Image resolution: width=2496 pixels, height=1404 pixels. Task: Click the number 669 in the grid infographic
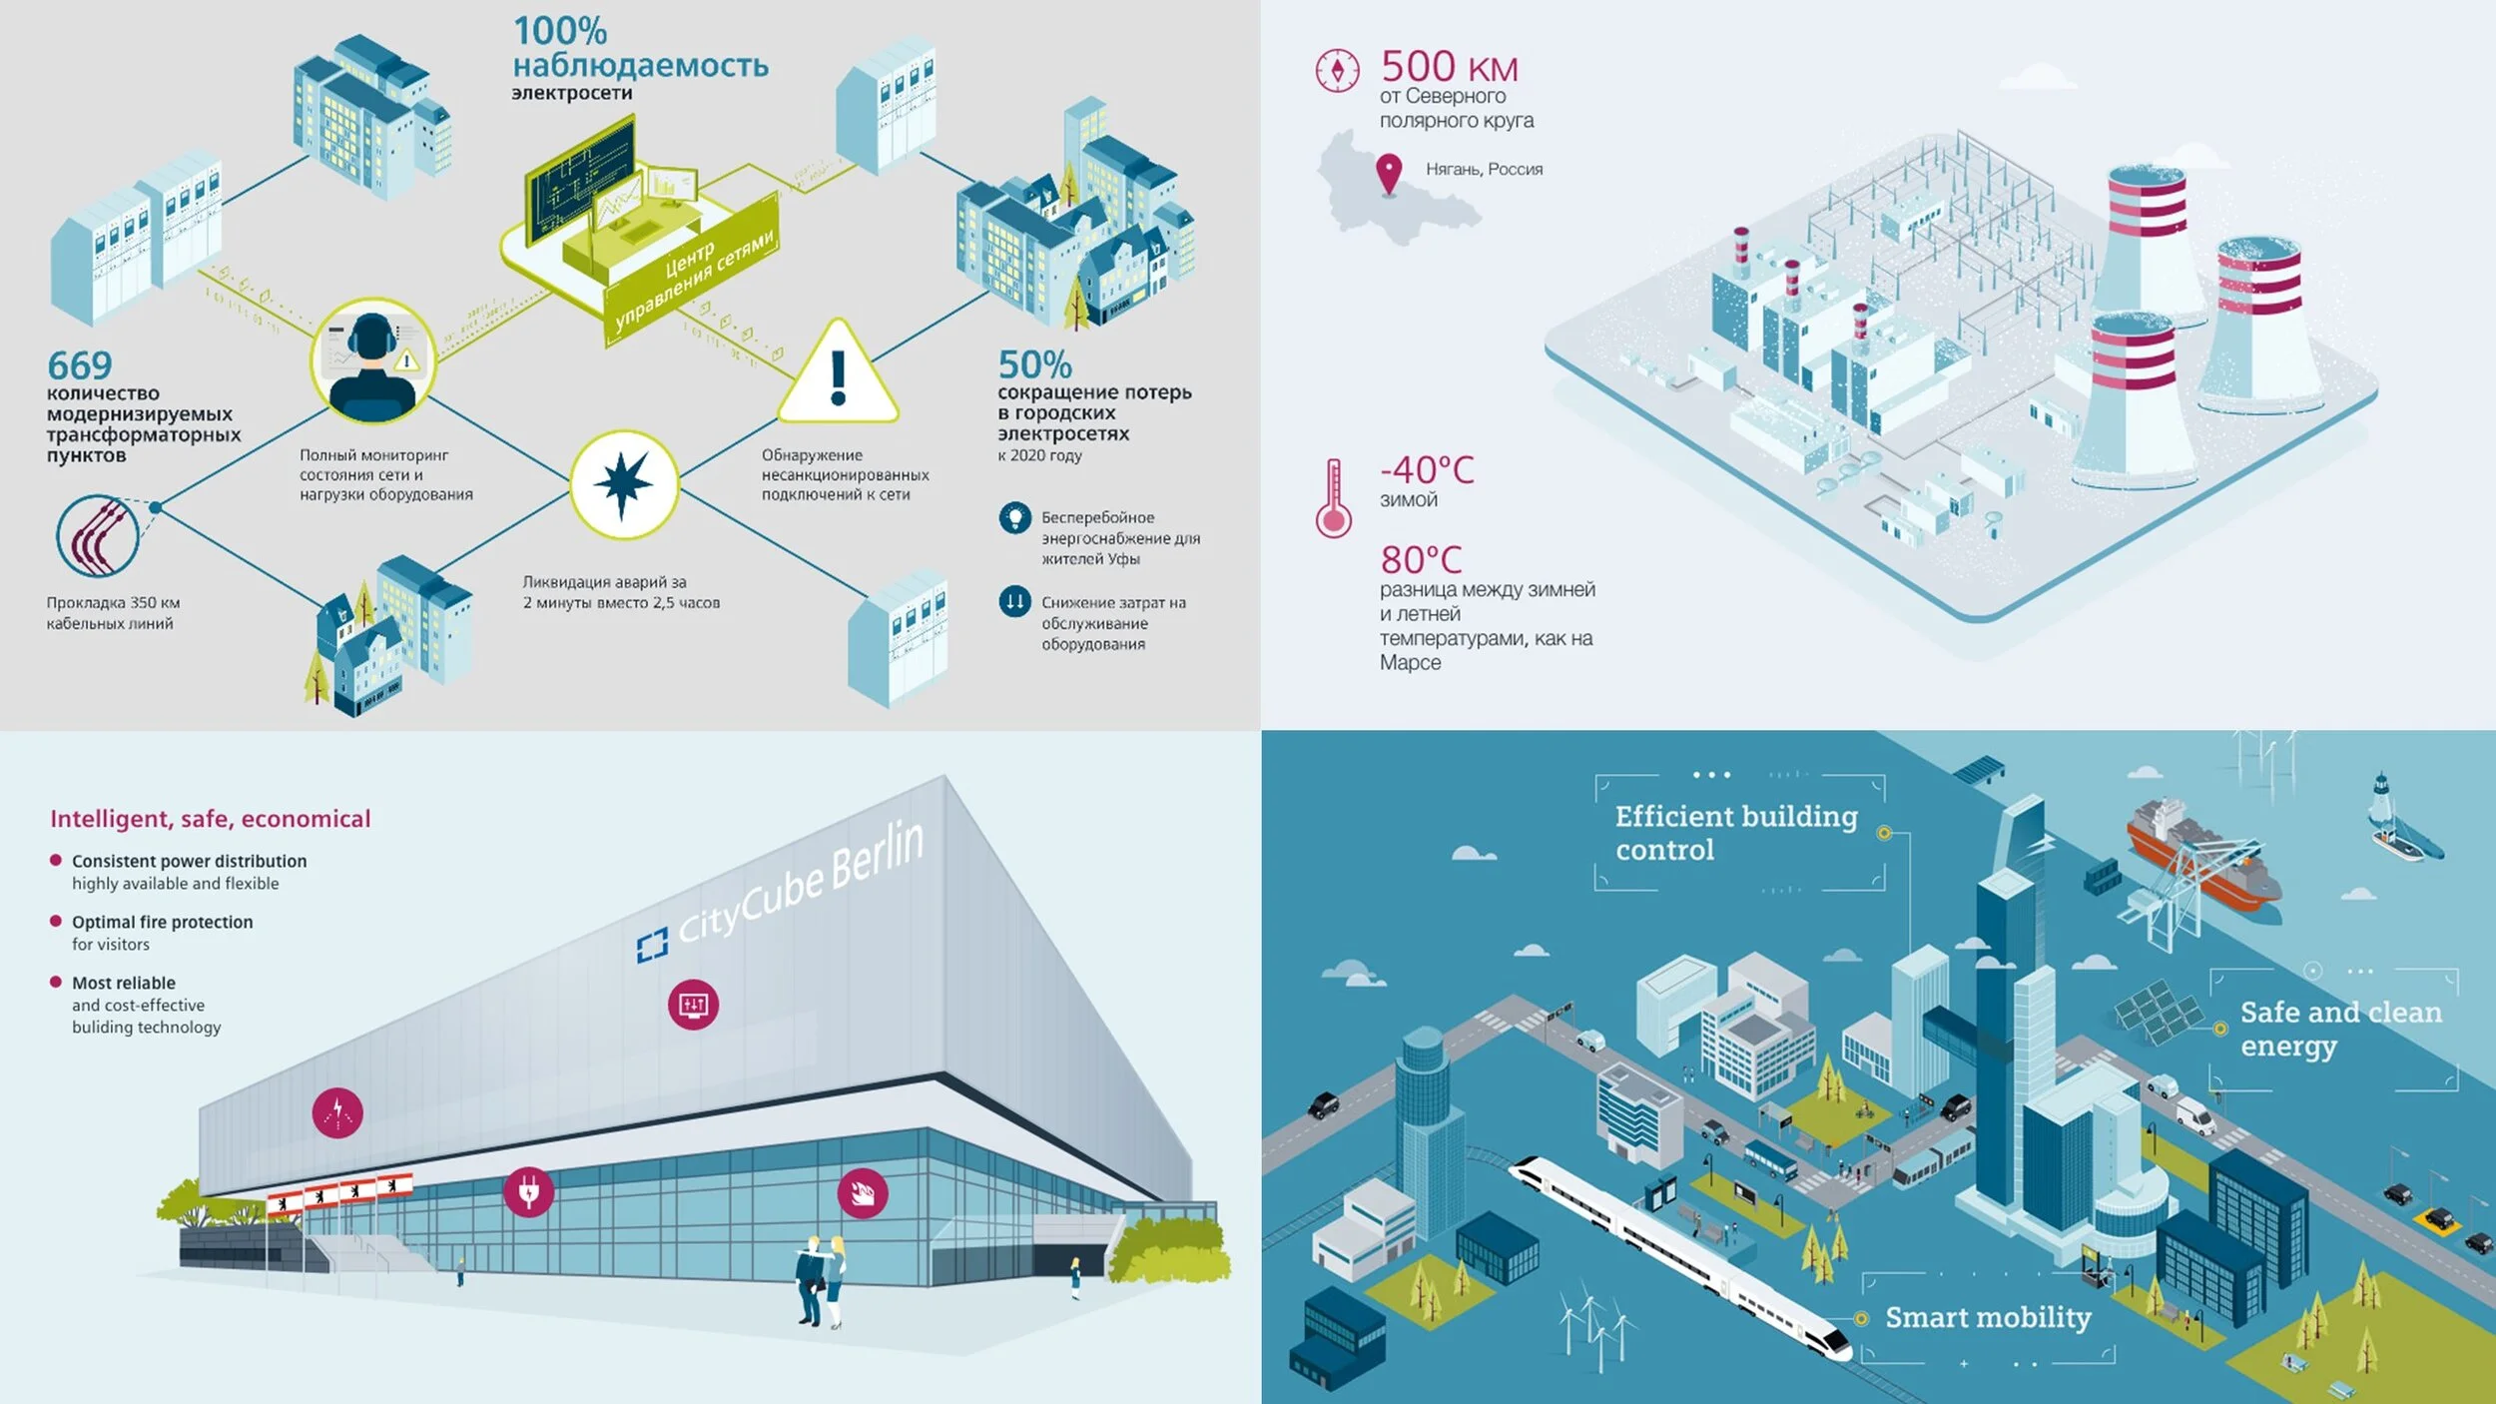tap(80, 364)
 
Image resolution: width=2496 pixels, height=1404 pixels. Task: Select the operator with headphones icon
tap(372, 362)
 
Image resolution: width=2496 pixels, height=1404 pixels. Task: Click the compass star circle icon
tap(623, 484)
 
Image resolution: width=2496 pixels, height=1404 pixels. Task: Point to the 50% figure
tap(1034, 364)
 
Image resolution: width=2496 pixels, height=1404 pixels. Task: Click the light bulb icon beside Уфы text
tap(1014, 517)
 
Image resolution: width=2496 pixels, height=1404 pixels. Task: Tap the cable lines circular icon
tap(98, 536)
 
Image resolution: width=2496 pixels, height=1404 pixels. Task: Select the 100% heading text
tap(560, 31)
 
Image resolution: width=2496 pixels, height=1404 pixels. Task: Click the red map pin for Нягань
tap(1388, 173)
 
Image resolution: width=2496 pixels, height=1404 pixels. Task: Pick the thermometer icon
tap(1333, 498)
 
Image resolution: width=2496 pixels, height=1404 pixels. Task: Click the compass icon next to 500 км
tap(1337, 70)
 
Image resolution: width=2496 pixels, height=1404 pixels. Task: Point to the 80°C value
tap(1421, 559)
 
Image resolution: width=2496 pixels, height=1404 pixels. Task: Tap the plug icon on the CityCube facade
tap(528, 1191)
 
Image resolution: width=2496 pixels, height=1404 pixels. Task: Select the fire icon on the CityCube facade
tap(862, 1192)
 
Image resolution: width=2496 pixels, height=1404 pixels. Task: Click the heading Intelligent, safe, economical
tap(210, 819)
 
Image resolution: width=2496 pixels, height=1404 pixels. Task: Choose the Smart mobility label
tap(1987, 1318)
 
